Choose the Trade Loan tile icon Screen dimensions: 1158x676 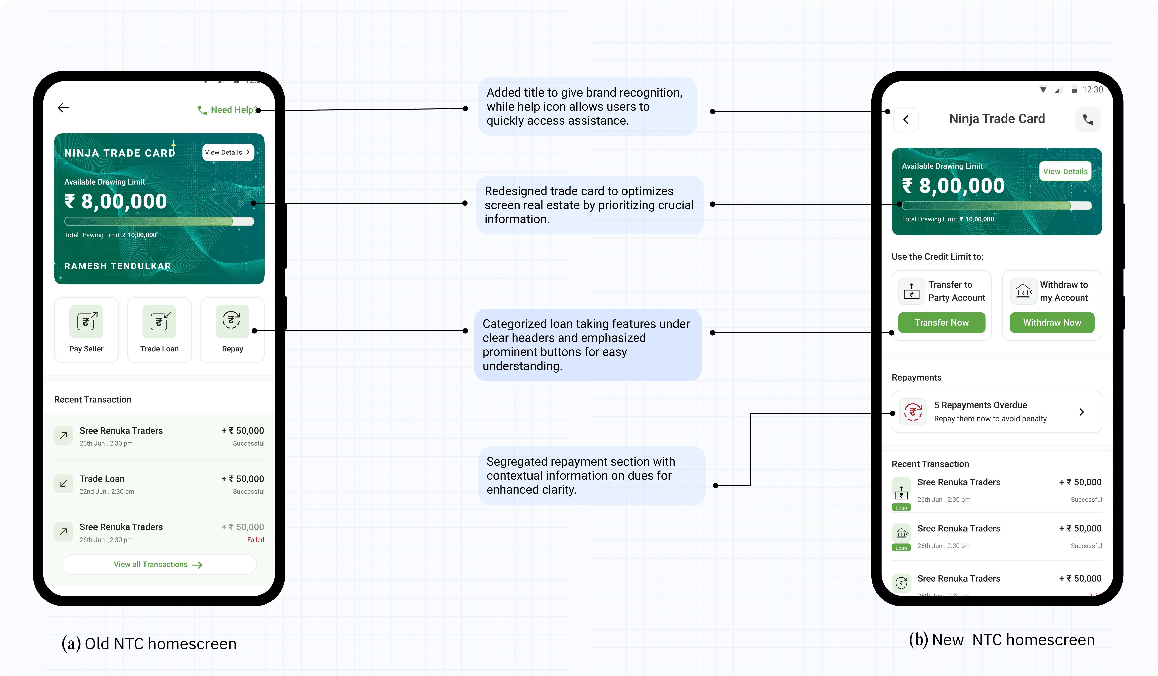(160, 321)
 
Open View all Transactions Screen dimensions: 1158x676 (159, 564)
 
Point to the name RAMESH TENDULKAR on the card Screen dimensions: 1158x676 (118, 266)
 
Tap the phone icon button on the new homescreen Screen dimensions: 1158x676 (1088, 119)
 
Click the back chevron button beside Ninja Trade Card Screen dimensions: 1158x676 (906, 119)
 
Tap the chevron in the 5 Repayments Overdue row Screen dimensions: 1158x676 (1081, 412)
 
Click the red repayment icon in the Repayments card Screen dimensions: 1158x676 (913, 412)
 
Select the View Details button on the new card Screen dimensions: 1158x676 (1065, 171)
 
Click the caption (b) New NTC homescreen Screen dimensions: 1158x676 (1002, 640)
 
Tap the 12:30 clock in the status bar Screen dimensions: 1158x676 (1092, 89)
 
